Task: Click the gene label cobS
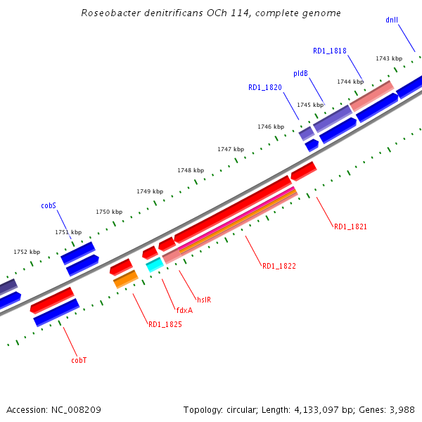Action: (49, 206)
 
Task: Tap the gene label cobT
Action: (79, 360)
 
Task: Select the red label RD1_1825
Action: (165, 324)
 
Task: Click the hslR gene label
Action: (204, 299)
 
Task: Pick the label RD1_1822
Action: (279, 266)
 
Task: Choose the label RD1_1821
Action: (350, 226)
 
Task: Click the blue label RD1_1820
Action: (264, 88)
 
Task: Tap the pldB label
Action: (300, 73)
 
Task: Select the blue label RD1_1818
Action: (329, 51)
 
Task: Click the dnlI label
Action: (392, 20)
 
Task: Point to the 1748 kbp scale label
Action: (191, 170)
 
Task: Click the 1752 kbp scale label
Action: (27, 252)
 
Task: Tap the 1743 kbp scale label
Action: (389, 58)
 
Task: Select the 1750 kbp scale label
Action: (109, 212)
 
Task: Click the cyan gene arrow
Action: (154, 264)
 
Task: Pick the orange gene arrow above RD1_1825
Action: (125, 279)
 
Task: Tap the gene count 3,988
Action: (400, 409)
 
